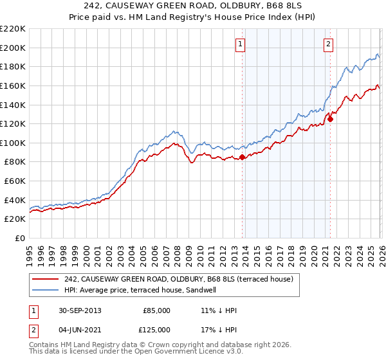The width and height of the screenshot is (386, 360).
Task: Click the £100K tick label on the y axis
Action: (x=13, y=143)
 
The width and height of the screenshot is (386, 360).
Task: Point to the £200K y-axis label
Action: (x=13, y=48)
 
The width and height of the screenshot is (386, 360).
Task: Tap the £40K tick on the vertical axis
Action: (x=15, y=200)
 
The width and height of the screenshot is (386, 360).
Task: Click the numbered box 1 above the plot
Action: (x=240, y=44)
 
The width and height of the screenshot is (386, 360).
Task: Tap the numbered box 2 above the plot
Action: (x=328, y=44)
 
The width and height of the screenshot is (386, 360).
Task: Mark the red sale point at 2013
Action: (x=242, y=157)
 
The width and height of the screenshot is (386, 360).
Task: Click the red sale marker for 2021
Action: (x=330, y=119)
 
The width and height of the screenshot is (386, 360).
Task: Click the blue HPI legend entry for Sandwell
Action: (x=143, y=290)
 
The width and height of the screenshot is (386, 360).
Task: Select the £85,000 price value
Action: (x=156, y=310)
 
